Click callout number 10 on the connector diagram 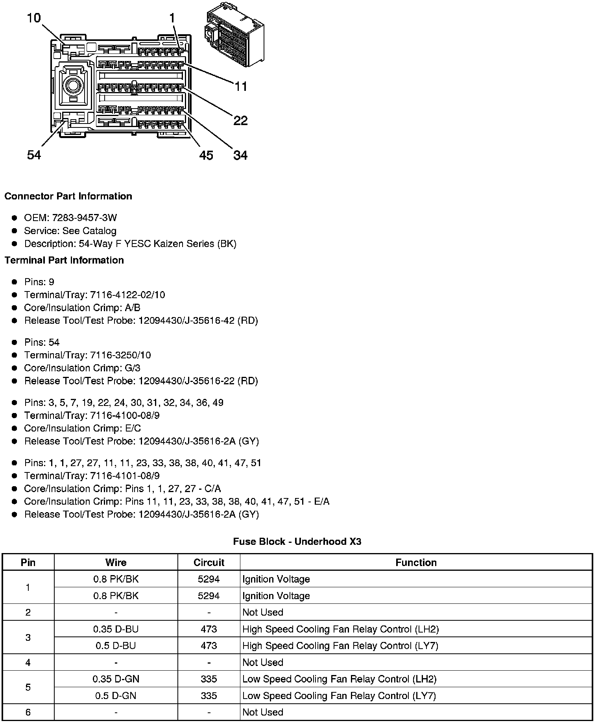tap(34, 18)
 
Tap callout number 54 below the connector tap(34, 155)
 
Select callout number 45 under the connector tap(206, 155)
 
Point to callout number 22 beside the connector tap(240, 120)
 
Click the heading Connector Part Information tap(68, 196)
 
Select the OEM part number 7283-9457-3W tap(85, 218)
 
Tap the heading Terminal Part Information tap(64, 260)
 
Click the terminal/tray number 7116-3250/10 tap(120, 355)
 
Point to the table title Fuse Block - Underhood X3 tap(297, 542)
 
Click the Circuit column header tap(209, 563)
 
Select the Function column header tap(416, 563)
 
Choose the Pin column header tap(28, 563)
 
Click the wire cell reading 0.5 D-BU tap(116, 646)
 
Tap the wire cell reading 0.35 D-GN tap(116, 679)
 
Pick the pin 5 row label tap(28, 687)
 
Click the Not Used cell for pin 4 tap(263, 662)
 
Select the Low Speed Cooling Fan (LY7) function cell tap(339, 696)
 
